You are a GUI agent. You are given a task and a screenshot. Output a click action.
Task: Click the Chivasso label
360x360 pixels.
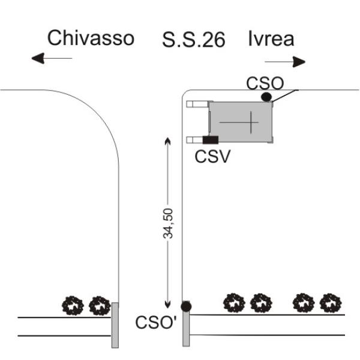pyautogui.click(x=91, y=38)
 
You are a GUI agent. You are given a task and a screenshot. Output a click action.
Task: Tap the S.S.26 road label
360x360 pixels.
pyautogui.click(x=194, y=40)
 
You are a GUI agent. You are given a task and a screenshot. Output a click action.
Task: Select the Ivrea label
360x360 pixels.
pyautogui.click(x=271, y=39)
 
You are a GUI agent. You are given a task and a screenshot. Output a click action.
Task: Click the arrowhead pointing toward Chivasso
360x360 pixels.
pyautogui.click(x=38, y=58)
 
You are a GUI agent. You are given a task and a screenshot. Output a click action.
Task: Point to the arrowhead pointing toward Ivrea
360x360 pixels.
pyautogui.click(x=299, y=62)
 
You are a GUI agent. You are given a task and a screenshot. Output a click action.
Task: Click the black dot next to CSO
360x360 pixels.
pyautogui.click(x=266, y=97)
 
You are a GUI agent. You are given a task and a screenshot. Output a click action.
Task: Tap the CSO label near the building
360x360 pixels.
pyautogui.click(x=265, y=83)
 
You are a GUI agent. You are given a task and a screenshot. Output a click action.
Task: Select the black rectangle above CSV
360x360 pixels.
pyautogui.click(x=211, y=140)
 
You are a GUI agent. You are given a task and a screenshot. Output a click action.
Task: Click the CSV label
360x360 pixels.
pyautogui.click(x=212, y=157)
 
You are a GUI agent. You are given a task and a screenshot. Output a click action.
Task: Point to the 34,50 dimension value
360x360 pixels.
pyautogui.click(x=168, y=223)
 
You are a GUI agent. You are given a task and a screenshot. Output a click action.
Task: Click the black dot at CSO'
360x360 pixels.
pyautogui.click(x=186, y=306)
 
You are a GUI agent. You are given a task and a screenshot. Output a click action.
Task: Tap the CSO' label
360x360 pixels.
pyautogui.click(x=156, y=322)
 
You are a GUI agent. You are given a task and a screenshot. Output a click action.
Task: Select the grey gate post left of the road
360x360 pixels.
pyautogui.click(x=115, y=325)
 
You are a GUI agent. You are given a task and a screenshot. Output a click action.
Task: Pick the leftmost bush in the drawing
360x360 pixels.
pyautogui.click(x=73, y=305)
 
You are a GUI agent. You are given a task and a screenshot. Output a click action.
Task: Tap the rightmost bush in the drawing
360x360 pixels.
pyautogui.click(x=331, y=303)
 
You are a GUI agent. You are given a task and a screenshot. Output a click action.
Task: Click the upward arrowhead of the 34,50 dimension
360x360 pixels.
pyautogui.click(x=168, y=140)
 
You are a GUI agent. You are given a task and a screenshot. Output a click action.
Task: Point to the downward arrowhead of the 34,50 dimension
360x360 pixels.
pyautogui.click(x=168, y=305)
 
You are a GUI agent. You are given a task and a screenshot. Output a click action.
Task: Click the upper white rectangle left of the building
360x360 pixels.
pyautogui.click(x=198, y=104)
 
